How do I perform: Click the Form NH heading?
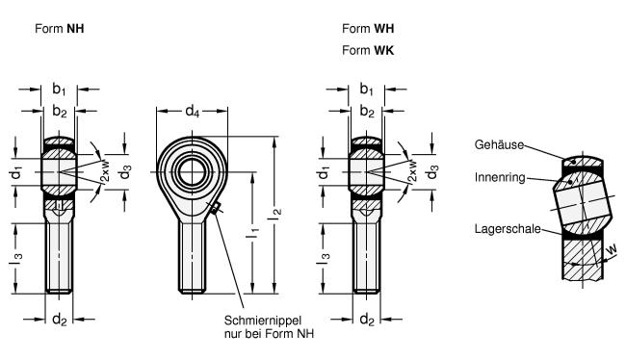pyautogui.click(x=60, y=29)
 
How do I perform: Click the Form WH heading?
pyautogui.click(x=368, y=29)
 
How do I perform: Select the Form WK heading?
pyautogui.click(x=368, y=50)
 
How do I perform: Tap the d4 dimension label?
pyautogui.click(x=192, y=111)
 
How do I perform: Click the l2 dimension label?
pyautogui.click(x=274, y=214)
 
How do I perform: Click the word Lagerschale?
pyautogui.click(x=508, y=229)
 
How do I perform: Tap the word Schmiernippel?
pyautogui.click(x=263, y=321)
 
